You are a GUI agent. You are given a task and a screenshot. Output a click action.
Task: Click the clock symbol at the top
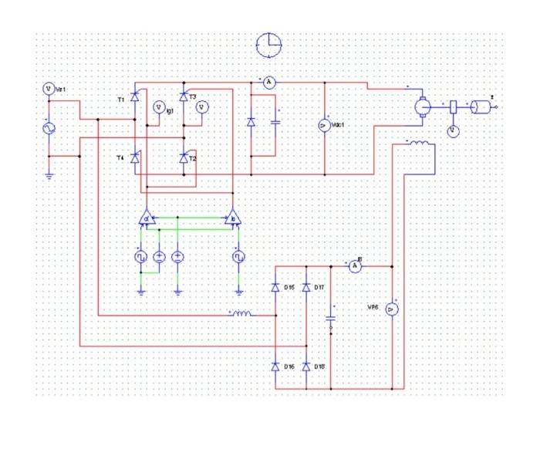click(269, 46)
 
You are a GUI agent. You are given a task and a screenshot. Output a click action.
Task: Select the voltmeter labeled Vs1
click(48, 90)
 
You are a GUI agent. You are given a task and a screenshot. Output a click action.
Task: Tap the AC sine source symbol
click(48, 128)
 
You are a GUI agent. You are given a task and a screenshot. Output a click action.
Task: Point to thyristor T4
click(135, 158)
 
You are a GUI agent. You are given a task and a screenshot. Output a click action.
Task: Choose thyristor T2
click(184, 158)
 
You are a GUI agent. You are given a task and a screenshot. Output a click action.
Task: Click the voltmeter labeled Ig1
click(160, 108)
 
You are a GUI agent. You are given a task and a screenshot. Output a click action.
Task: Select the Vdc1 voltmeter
click(325, 126)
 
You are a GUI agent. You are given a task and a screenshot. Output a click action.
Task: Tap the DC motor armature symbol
click(422, 107)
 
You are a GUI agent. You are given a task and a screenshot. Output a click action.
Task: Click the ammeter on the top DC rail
click(268, 82)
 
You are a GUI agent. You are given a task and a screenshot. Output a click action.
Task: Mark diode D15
click(275, 288)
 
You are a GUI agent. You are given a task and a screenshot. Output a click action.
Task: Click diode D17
click(306, 288)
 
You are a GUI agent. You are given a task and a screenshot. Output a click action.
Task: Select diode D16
click(275, 366)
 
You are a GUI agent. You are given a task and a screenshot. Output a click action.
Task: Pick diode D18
click(306, 366)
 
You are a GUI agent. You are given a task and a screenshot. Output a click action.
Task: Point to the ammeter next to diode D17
click(354, 266)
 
